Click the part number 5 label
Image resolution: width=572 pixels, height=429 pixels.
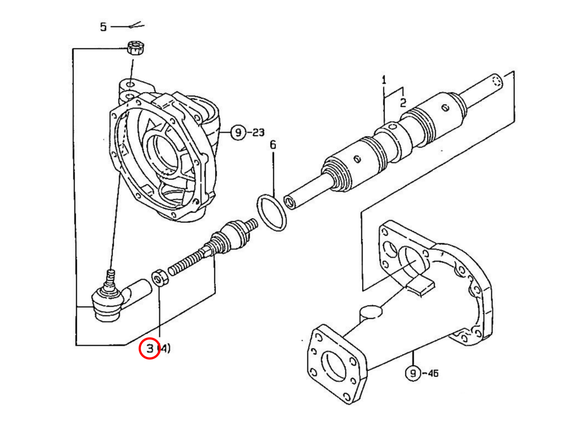coord(103,27)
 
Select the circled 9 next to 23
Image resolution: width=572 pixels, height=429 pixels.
coord(238,133)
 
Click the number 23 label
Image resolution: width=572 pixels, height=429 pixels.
coord(258,133)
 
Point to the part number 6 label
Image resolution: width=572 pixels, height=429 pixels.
coord(273,145)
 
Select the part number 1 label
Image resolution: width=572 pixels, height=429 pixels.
coord(384,80)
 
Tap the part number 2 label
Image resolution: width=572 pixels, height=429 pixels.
coord(403,103)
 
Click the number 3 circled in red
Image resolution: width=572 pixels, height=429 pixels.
coord(150,348)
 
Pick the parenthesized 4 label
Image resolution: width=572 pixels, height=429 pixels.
coord(164,348)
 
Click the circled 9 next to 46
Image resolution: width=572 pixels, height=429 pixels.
coord(413,374)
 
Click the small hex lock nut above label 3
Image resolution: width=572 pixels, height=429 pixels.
coord(160,278)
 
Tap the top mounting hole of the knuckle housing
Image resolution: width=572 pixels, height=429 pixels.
coord(131,85)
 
